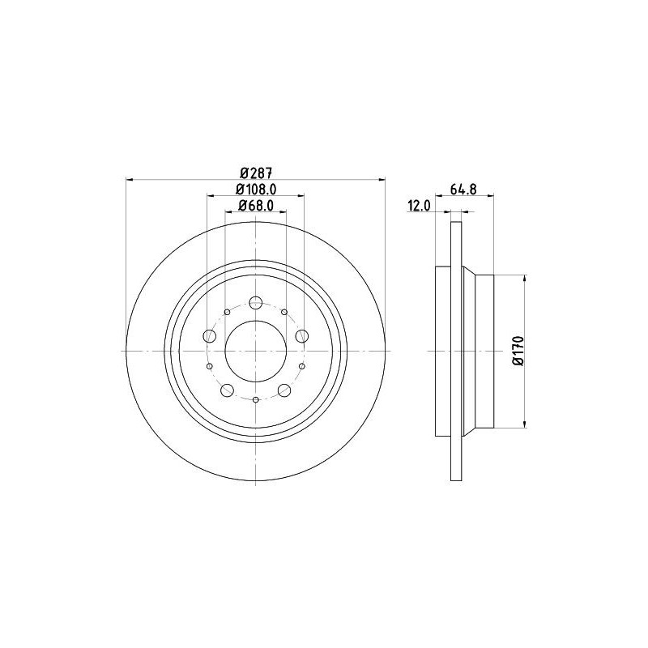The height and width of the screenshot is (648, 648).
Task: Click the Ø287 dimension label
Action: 255,172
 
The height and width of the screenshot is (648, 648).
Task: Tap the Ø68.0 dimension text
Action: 255,206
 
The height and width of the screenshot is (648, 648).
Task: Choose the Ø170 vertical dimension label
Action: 519,350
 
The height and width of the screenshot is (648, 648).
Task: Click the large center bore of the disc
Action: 255,351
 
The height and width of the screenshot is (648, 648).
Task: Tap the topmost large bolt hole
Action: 255,303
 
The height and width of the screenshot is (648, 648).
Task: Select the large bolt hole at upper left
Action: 210,336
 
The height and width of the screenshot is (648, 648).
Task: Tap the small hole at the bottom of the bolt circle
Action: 255,399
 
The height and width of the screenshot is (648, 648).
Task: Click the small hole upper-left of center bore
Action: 227,312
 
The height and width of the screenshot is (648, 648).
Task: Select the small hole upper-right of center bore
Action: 284,312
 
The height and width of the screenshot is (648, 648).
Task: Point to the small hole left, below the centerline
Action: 209,366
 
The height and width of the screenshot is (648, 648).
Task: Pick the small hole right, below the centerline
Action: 301,366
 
